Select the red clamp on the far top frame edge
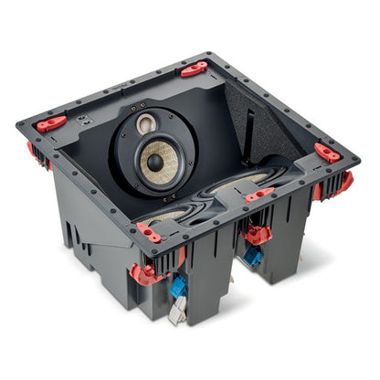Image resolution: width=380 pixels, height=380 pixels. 194,69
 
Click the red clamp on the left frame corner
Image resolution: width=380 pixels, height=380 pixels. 51,121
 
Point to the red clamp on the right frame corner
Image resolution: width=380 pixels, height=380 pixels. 327,153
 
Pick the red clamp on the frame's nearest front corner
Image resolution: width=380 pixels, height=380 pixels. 149,232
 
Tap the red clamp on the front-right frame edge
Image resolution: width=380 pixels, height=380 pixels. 259,194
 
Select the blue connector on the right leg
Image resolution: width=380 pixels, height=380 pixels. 252,257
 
